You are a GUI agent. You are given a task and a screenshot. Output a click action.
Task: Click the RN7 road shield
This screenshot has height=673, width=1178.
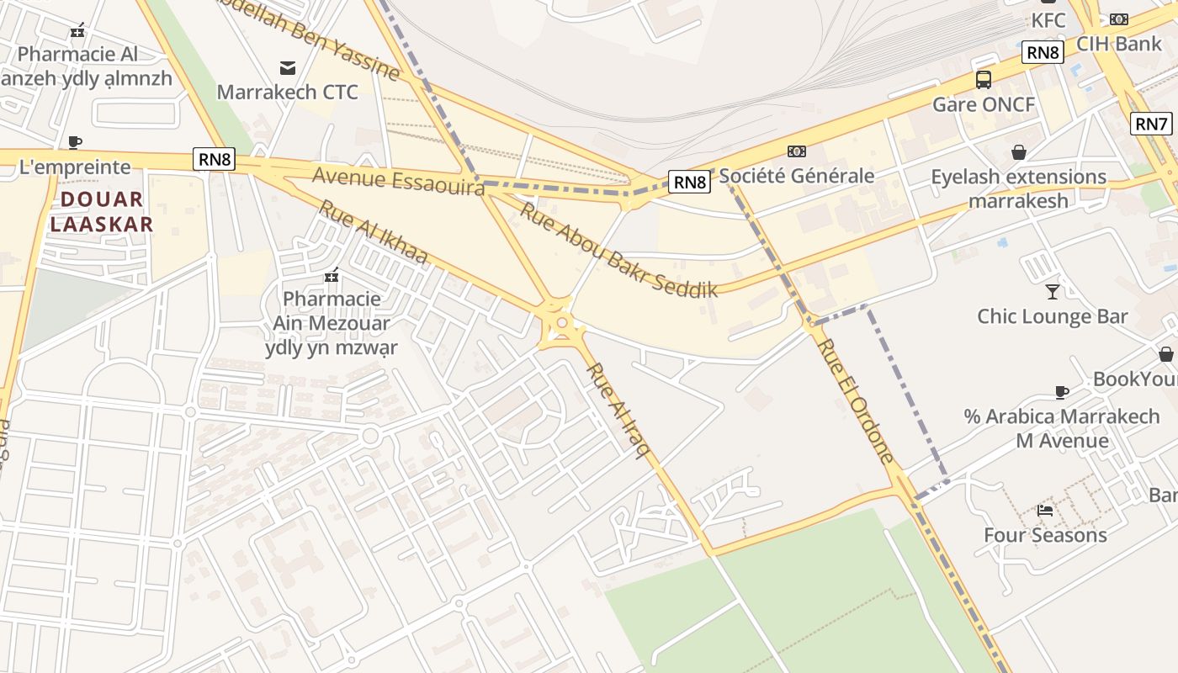pyautogui.click(x=1152, y=124)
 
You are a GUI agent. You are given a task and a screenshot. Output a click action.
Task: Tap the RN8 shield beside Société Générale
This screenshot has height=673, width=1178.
pyautogui.click(x=689, y=181)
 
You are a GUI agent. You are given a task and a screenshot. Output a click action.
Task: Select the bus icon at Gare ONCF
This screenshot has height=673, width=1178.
pyautogui.click(x=983, y=80)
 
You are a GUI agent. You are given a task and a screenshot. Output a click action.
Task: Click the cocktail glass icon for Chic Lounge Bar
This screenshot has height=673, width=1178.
pyautogui.click(x=1052, y=291)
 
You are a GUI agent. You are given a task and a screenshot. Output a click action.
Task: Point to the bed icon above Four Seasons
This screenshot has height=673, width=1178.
pyautogui.click(x=1045, y=510)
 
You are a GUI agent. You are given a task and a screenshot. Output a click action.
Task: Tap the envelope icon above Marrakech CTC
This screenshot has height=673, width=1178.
pyautogui.click(x=288, y=67)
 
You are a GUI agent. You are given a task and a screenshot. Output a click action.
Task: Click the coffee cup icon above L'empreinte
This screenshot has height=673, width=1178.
pyautogui.click(x=75, y=142)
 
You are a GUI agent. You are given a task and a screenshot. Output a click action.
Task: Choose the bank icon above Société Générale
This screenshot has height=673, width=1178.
pyautogui.click(x=796, y=151)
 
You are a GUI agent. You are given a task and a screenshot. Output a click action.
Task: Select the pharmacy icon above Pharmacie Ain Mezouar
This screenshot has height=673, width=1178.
pyautogui.click(x=332, y=274)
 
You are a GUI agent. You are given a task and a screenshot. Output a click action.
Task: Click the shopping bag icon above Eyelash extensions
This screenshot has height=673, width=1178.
pyautogui.click(x=1018, y=152)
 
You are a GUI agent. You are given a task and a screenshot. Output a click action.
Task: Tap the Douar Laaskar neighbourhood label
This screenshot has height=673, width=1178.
pyautogui.click(x=102, y=212)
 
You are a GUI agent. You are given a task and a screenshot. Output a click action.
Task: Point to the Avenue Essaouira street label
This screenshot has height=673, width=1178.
pyautogui.click(x=398, y=181)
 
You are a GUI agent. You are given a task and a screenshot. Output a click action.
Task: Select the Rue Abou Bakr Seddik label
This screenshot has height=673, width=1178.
pyautogui.click(x=618, y=249)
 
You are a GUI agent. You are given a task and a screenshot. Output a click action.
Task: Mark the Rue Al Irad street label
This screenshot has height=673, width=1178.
pyautogui.click(x=618, y=410)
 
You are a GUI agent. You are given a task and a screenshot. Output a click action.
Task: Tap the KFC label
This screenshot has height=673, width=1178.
pyautogui.click(x=1048, y=20)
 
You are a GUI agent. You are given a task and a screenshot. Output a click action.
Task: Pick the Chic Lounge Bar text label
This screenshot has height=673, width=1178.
pyautogui.click(x=1052, y=316)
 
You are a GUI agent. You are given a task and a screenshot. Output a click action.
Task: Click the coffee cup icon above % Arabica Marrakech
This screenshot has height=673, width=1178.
pyautogui.click(x=1062, y=392)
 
